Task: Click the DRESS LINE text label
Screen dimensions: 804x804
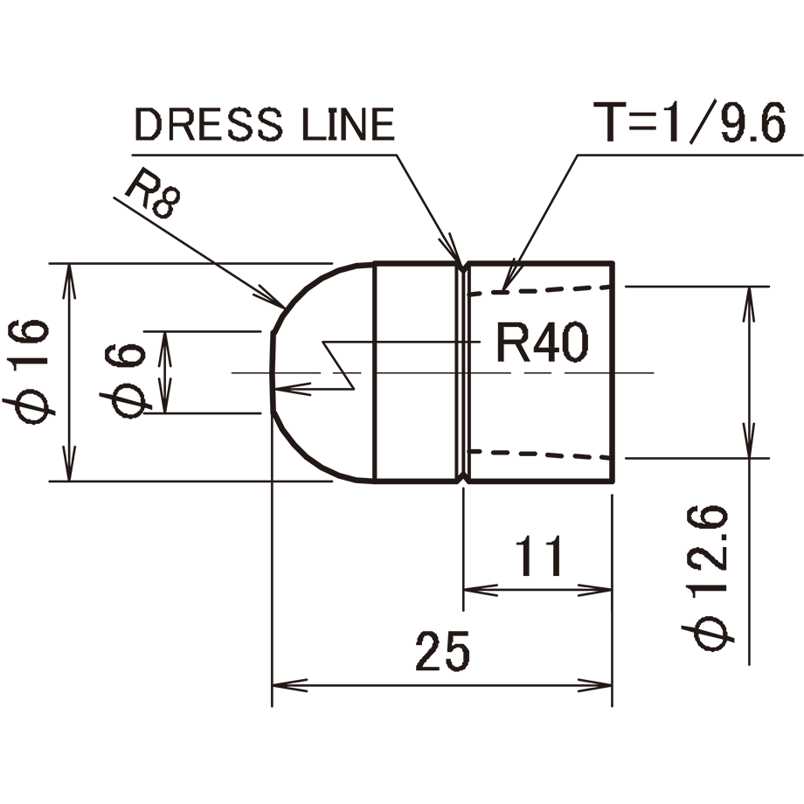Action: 265,125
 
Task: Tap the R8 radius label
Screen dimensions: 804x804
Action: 151,197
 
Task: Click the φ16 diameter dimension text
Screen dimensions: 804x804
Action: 29,371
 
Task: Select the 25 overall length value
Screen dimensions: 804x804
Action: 443,651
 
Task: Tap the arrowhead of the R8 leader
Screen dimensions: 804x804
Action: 274,301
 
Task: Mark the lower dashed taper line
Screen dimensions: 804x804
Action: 542,454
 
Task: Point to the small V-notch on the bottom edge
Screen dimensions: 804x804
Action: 462,478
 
